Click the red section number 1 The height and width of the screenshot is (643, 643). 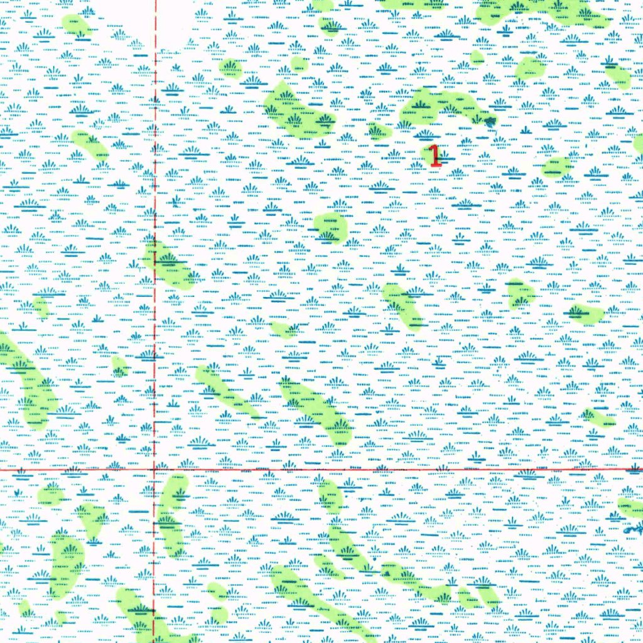tap(434, 156)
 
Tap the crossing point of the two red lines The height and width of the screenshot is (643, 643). tap(154, 469)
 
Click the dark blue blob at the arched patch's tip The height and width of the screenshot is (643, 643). tap(489, 120)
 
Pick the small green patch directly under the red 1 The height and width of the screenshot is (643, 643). tap(330, 227)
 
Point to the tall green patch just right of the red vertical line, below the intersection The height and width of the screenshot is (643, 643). tap(171, 515)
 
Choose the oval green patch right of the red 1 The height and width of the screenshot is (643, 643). tap(556, 167)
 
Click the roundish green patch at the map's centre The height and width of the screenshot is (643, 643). tap(330, 227)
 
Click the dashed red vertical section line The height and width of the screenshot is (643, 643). tap(155, 188)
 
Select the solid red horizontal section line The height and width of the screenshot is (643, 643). tap(377, 469)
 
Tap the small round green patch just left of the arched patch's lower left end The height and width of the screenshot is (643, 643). tap(379, 131)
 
